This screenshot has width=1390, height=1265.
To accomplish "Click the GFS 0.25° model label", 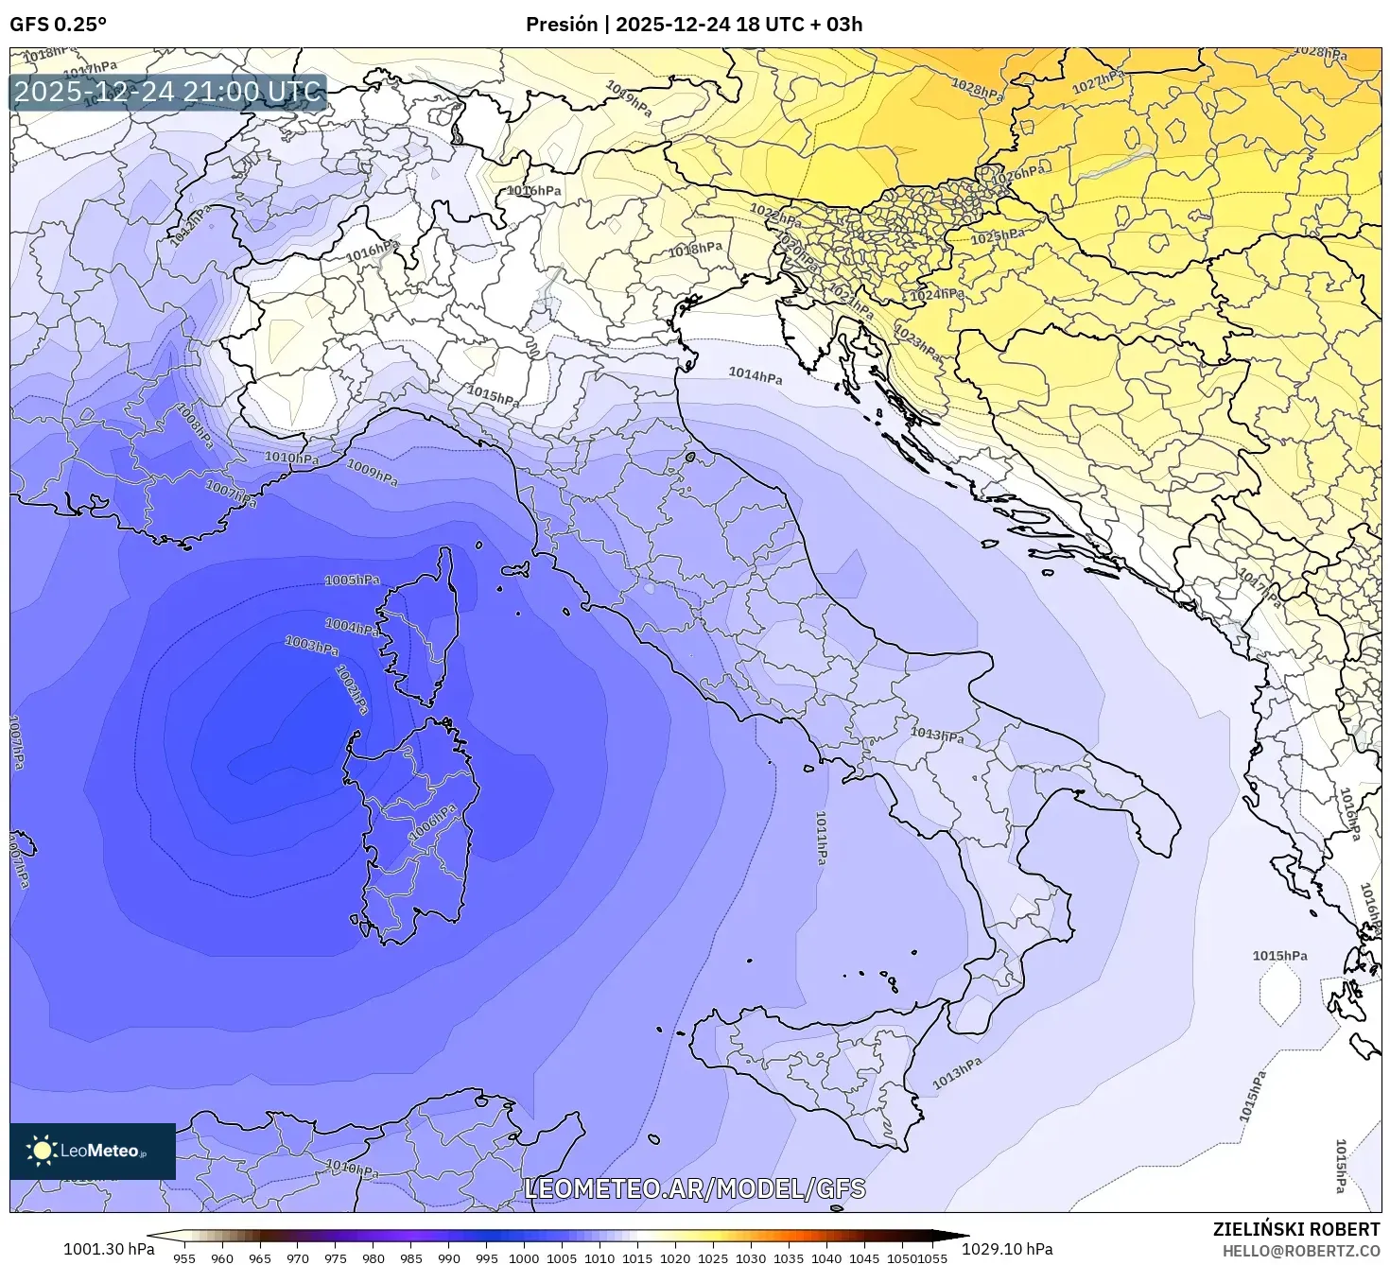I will [58, 25].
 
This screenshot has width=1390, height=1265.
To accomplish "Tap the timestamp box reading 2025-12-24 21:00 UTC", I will [168, 93].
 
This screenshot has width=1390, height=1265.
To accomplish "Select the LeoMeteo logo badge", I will [93, 1151].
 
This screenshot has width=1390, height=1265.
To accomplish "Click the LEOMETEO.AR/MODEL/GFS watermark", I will [695, 1188].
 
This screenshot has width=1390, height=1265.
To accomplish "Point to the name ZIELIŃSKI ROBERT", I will [1296, 1229].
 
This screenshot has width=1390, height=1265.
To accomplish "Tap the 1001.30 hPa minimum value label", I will [109, 1249].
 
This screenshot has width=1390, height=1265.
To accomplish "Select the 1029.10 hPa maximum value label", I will [1014, 1249].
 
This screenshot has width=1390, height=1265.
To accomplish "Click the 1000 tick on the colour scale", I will [524, 1258].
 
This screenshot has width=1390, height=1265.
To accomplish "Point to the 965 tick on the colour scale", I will [260, 1258].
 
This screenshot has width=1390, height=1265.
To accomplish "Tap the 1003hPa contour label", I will [312, 646].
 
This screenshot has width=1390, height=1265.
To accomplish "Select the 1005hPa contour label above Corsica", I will [352, 580].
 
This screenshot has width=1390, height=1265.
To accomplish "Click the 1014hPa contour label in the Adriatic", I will [756, 375].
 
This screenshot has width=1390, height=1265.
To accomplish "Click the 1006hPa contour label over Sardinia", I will [433, 823].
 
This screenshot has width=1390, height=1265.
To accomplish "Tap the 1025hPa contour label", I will [998, 235].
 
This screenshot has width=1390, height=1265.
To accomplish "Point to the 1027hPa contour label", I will [1098, 81].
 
